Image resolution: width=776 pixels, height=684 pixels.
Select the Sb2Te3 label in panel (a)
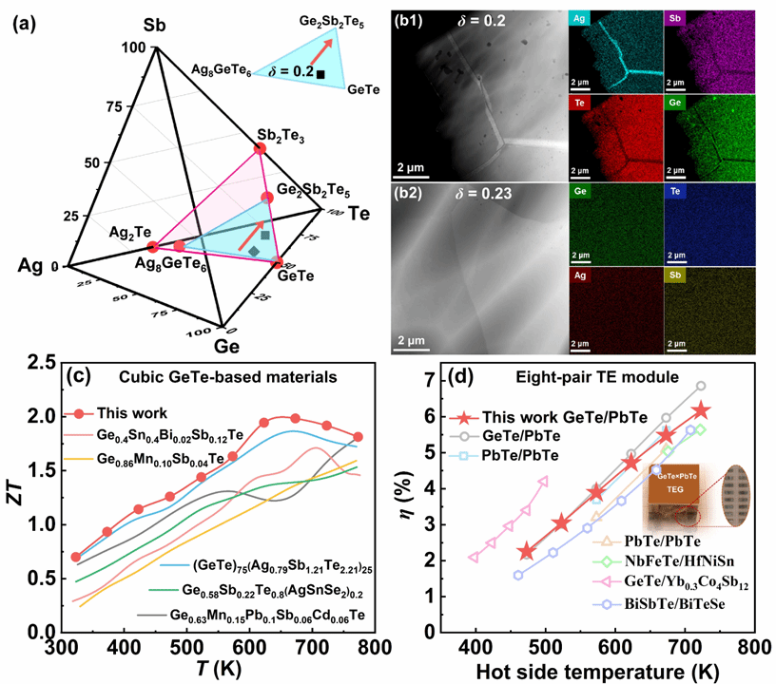(x=280, y=135)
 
